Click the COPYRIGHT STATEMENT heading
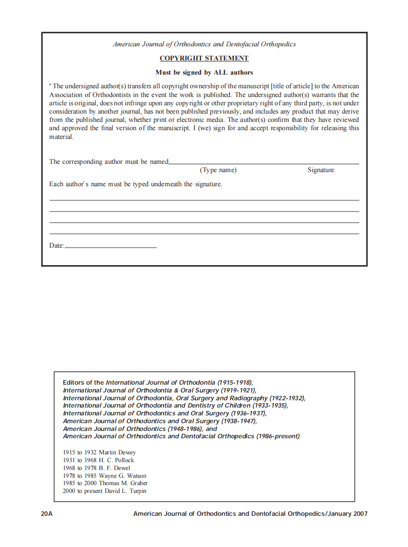click(x=204, y=59)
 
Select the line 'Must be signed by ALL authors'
click(x=204, y=73)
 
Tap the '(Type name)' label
click(x=218, y=170)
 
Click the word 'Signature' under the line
click(x=320, y=170)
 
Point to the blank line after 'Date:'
click(x=111, y=247)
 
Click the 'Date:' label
click(x=56, y=246)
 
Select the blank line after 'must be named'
click(x=263, y=163)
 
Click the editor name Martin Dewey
click(x=117, y=452)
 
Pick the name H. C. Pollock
click(x=116, y=460)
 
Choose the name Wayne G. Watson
click(x=122, y=476)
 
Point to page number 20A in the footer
click(x=47, y=514)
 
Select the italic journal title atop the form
click(x=204, y=44)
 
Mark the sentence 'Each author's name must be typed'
click(x=135, y=184)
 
